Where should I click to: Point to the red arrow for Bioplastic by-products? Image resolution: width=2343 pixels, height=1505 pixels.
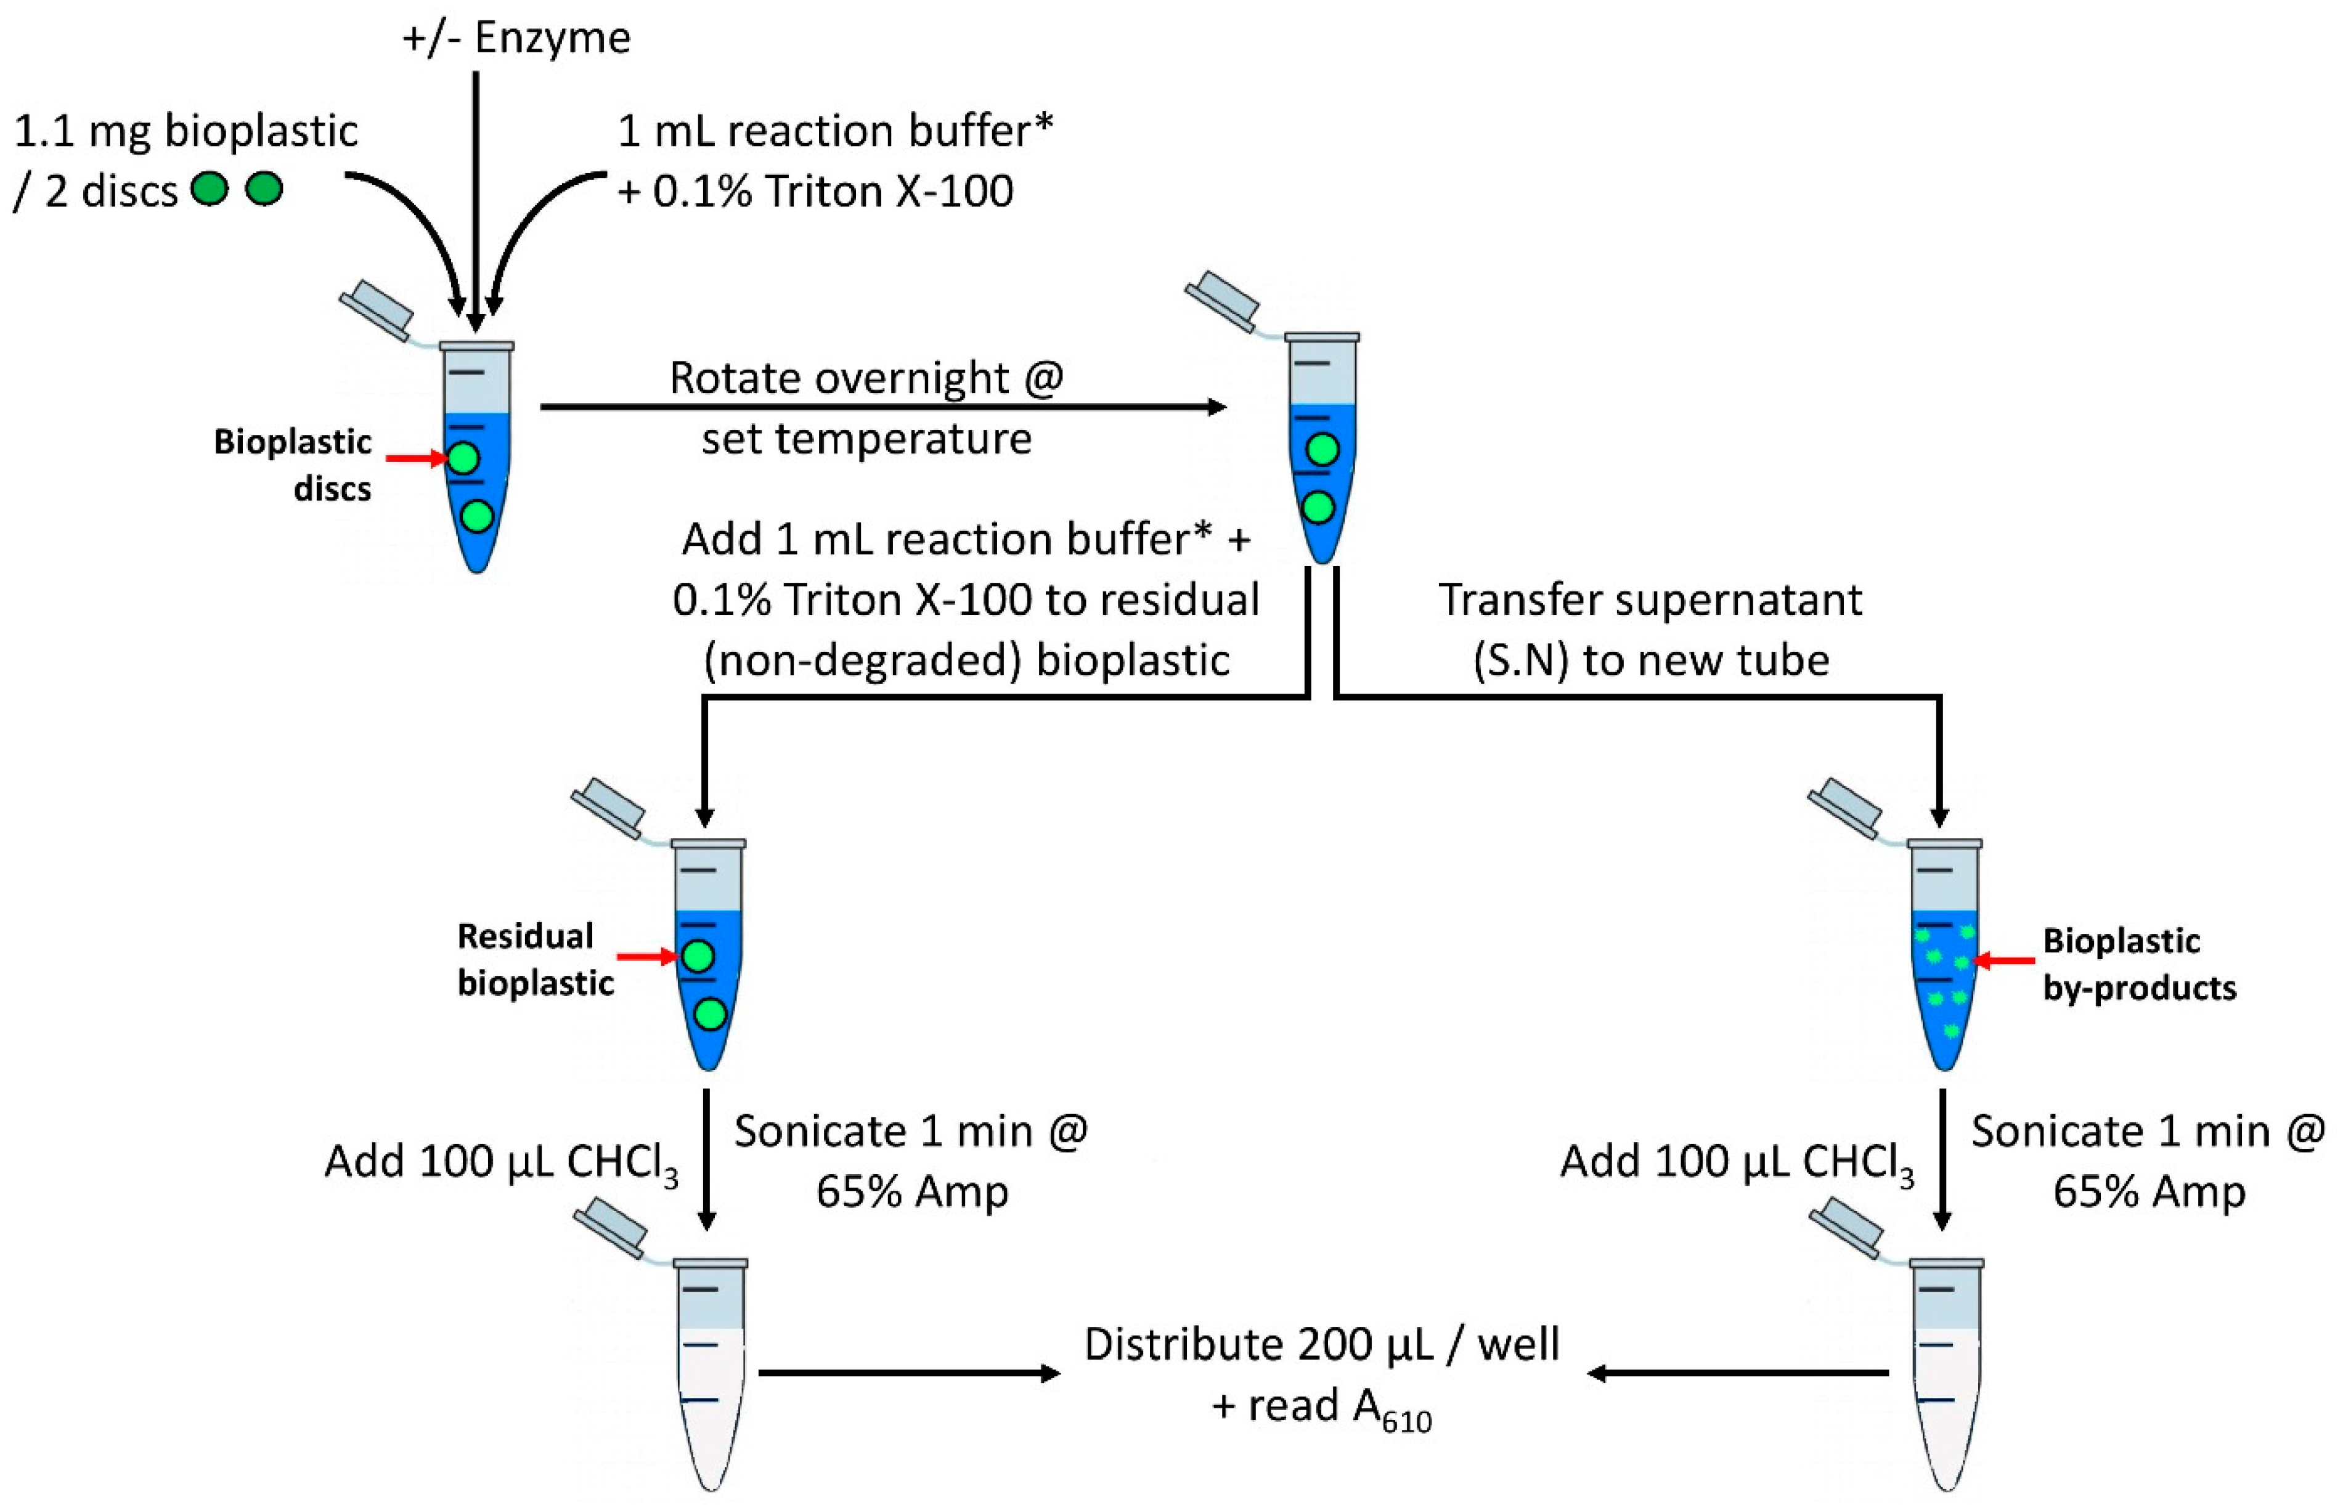pyautogui.click(x=2005, y=962)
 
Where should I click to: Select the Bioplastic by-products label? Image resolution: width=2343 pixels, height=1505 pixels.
pyautogui.click(x=2138, y=965)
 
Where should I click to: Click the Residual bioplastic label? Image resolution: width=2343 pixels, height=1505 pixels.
pyautogui.click(x=535, y=960)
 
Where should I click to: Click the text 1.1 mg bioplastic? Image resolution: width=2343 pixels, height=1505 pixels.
pyautogui.click(x=185, y=131)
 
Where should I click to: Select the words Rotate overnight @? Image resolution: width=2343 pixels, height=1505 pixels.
pyautogui.click(x=866, y=378)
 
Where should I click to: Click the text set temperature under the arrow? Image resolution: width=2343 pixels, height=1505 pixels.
pyautogui.click(x=866, y=439)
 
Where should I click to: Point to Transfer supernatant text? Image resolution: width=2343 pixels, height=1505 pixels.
pyautogui.click(x=1650, y=600)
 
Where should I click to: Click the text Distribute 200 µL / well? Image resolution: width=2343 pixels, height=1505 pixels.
pyautogui.click(x=1321, y=1345)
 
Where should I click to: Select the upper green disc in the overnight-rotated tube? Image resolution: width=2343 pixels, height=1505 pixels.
pyautogui.click(x=1321, y=450)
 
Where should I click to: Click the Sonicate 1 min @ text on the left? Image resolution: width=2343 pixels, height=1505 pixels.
pyautogui.click(x=911, y=1132)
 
